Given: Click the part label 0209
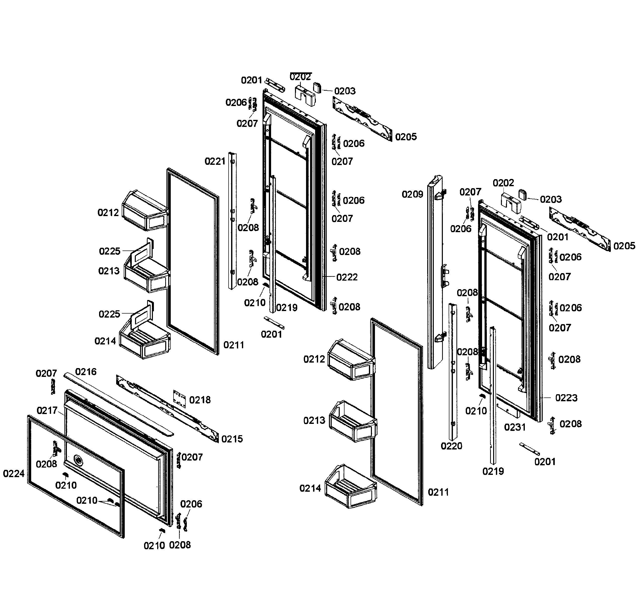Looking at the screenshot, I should (x=412, y=194).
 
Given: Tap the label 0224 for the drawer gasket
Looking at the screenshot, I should (x=14, y=474).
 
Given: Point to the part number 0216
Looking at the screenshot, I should (x=86, y=372).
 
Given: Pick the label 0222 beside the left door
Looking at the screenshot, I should (x=347, y=277).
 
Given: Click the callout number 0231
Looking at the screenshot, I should (x=515, y=427).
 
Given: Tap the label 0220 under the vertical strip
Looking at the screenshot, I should (x=451, y=446).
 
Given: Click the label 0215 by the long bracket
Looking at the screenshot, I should (x=232, y=439).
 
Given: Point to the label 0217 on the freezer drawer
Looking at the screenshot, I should (x=47, y=411).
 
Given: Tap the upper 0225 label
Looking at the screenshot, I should (x=109, y=251).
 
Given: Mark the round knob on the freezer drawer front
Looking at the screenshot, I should (x=78, y=459).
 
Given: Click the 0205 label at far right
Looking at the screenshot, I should (x=624, y=246).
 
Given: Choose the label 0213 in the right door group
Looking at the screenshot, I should (x=314, y=421).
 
